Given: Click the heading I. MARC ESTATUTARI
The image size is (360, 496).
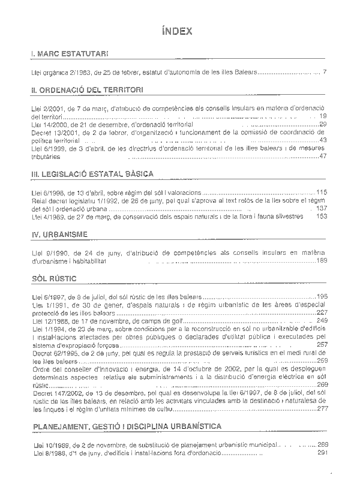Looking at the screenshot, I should [70, 55].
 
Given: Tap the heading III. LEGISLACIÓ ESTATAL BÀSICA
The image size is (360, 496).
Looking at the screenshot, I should [92, 174].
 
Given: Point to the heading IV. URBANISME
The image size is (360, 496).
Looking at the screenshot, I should [59, 233].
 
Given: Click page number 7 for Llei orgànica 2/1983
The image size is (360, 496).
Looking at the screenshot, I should [324, 72].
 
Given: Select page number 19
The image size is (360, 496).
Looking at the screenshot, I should [323, 116].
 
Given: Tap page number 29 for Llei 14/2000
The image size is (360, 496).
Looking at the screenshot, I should [323, 124].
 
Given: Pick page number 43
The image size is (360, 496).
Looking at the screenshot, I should [323, 140].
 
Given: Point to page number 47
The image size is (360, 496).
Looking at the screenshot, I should [323, 157].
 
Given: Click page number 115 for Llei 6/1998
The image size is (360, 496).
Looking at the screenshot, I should [321, 192].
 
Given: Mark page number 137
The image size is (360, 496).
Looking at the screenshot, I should [321, 208].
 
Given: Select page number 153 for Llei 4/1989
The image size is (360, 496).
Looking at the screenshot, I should [321, 217].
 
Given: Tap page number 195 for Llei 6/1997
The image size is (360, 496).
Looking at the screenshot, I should [322, 296].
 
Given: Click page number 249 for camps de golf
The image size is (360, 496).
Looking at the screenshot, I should [322, 321].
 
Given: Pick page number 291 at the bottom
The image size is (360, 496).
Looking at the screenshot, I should [322, 453].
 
